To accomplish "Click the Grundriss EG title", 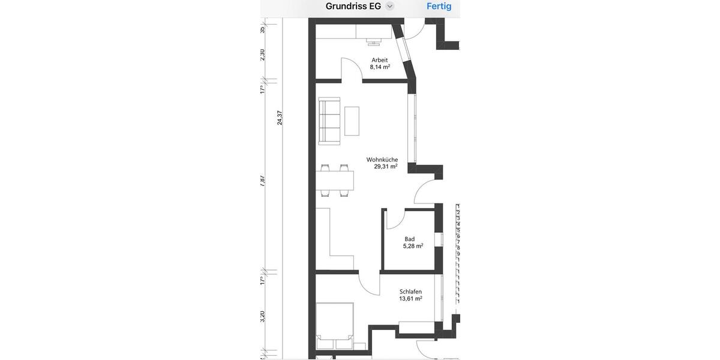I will [353, 7].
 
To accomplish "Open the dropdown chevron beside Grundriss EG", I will [390, 7].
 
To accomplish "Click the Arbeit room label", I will [380, 60].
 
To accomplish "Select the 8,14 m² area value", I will [380, 67].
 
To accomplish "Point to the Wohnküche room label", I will [382, 160].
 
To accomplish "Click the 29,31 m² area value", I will [385, 167].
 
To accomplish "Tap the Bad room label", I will [410, 239].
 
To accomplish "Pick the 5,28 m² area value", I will [413, 246].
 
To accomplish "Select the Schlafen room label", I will [410, 292].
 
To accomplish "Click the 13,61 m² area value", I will [410, 298].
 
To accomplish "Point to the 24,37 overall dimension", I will [280, 118].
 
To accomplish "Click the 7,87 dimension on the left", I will [263, 181].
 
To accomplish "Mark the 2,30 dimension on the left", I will [263, 55].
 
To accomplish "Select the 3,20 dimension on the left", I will [263, 317].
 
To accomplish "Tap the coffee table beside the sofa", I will [352, 121].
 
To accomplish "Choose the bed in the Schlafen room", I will [335, 326].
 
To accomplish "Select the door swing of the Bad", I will [394, 220].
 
